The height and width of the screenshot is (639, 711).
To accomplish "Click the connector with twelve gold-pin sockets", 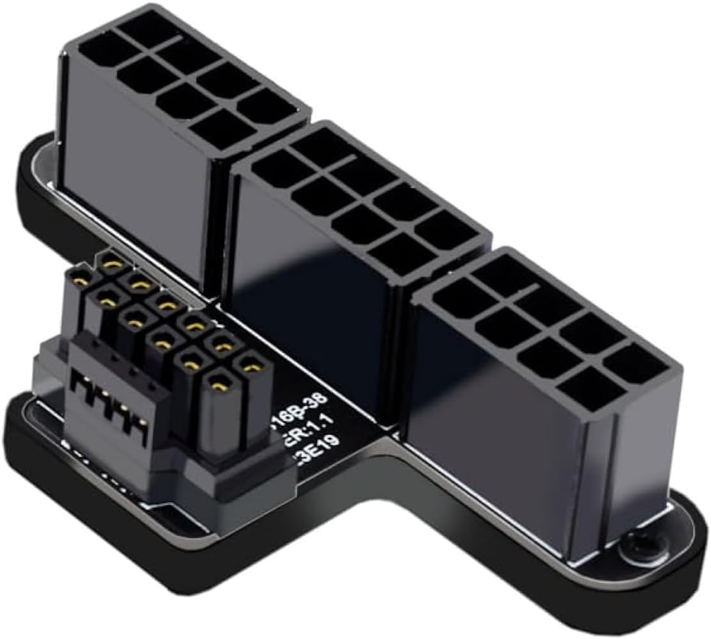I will click(167, 339).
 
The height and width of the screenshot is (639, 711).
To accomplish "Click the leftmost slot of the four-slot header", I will click(80, 385).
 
